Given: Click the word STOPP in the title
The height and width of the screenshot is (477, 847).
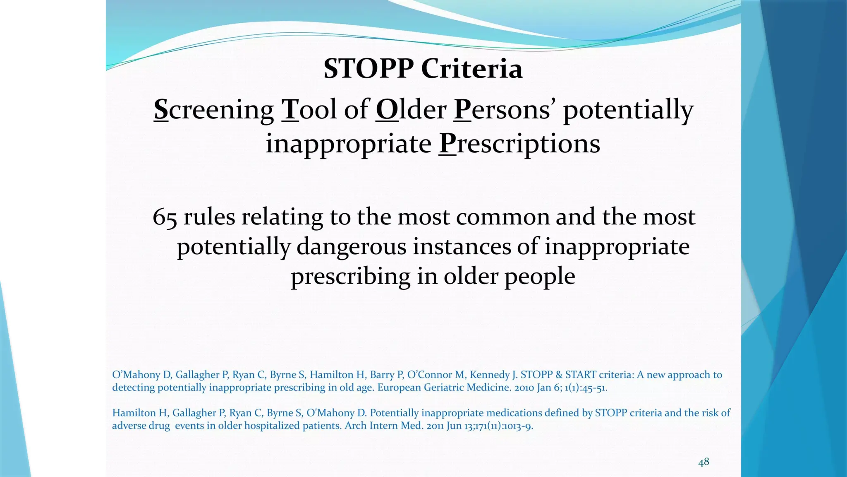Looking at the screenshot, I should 369,69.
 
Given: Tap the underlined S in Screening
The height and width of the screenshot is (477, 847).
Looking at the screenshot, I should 161,110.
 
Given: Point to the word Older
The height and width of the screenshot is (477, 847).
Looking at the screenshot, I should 411,110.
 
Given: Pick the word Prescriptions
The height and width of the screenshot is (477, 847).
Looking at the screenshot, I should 519,144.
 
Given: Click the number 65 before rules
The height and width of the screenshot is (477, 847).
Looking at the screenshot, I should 165,217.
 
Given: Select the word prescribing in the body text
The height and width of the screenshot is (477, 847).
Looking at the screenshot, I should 350,277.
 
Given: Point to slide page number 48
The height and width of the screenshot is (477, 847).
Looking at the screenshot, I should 703,462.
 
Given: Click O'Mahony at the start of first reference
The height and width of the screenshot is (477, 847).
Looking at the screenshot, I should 136,375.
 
